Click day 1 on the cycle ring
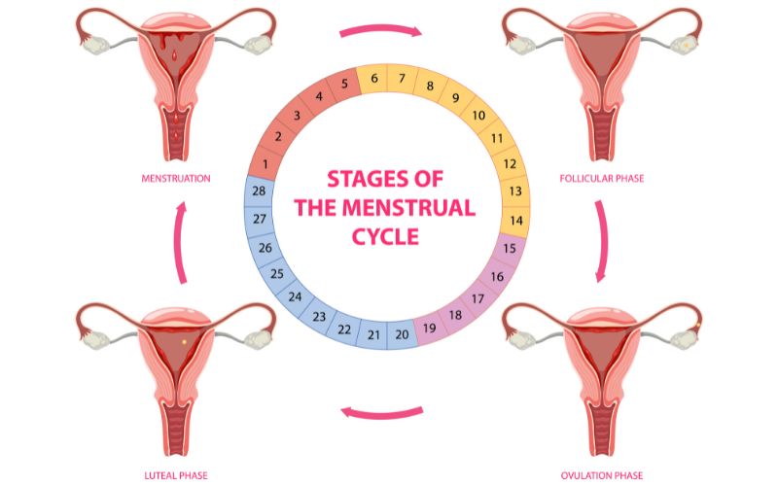coord(265,164)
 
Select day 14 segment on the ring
coord(516,220)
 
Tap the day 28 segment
coord(259,191)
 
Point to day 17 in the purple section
coord(477,298)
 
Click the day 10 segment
coord(478,116)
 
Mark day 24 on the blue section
coord(296,296)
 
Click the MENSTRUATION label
coord(176,179)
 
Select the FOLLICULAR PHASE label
coord(601,179)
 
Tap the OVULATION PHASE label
coord(601,474)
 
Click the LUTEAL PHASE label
coord(176,474)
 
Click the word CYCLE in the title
coord(386,235)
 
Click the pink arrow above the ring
coord(380,31)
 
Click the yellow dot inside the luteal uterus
coord(184,342)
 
